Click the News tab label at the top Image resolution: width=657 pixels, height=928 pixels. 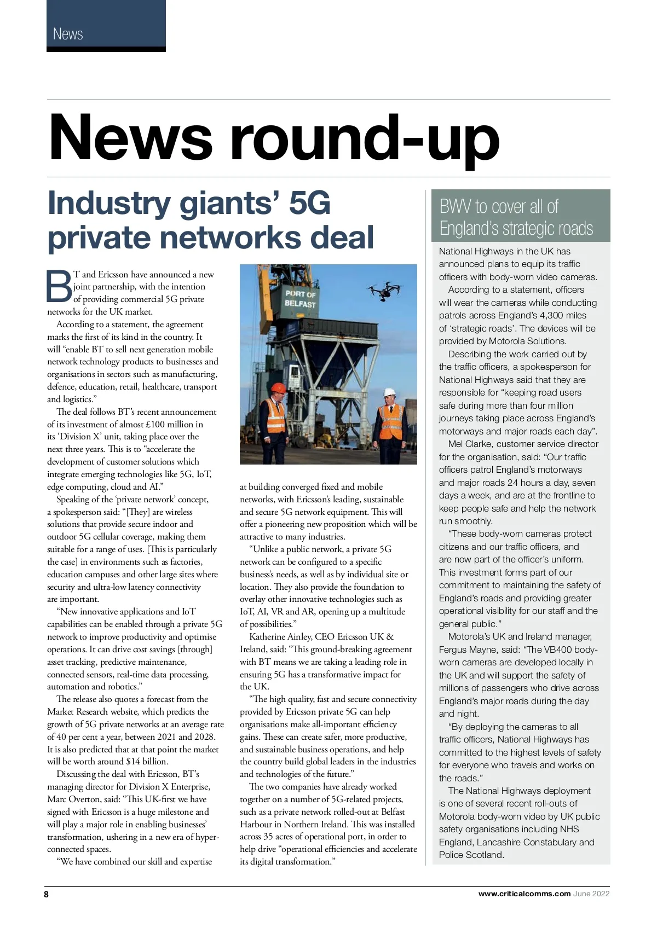68,34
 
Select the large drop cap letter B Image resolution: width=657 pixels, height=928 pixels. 59,286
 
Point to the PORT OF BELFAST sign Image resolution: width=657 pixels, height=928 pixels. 300,298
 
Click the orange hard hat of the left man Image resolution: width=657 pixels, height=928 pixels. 279,387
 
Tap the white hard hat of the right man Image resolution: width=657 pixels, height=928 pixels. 389,392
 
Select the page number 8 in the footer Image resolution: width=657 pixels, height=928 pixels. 47,894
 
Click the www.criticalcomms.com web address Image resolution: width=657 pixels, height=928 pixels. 524,894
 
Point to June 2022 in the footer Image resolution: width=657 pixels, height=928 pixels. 591,894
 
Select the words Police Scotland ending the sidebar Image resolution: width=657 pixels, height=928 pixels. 471,855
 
